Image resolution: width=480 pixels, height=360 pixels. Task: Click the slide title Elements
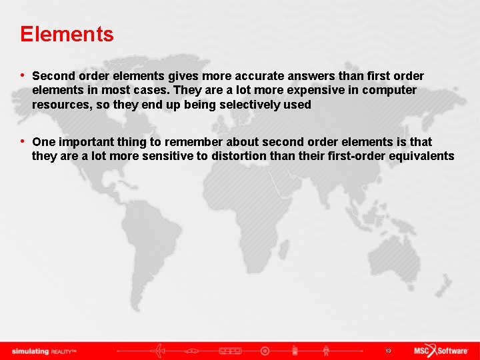(67, 34)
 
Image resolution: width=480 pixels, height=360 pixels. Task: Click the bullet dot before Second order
(23, 75)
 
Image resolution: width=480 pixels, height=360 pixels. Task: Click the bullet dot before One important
(23, 141)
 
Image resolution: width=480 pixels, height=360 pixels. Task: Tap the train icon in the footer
(230, 351)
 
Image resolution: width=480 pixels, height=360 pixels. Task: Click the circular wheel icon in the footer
(265, 351)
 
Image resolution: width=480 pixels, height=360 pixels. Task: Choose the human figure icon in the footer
(326, 351)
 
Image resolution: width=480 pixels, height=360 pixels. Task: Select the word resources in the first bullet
(59, 105)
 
